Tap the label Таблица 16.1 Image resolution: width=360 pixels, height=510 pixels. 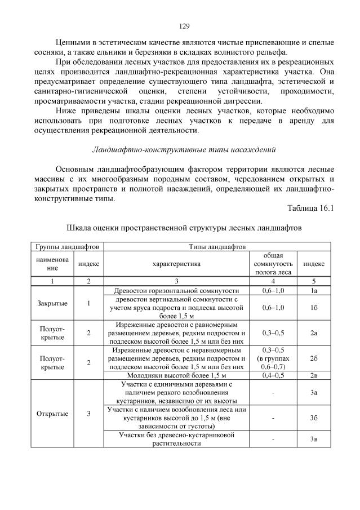click(x=311, y=209)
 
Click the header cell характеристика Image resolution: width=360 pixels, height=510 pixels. click(x=176, y=264)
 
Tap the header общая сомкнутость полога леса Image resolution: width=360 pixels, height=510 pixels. click(x=273, y=264)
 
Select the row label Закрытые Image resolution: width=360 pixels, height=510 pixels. click(x=52, y=303)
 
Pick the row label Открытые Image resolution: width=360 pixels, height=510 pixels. click(x=52, y=414)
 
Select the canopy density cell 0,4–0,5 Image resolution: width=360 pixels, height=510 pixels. click(x=273, y=375)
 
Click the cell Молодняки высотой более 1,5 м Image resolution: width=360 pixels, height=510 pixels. click(x=176, y=375)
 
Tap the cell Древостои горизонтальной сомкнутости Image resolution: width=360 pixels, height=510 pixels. click(x=176, y=290)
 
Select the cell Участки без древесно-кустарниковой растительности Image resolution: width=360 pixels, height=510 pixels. click(x=176, y=439)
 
